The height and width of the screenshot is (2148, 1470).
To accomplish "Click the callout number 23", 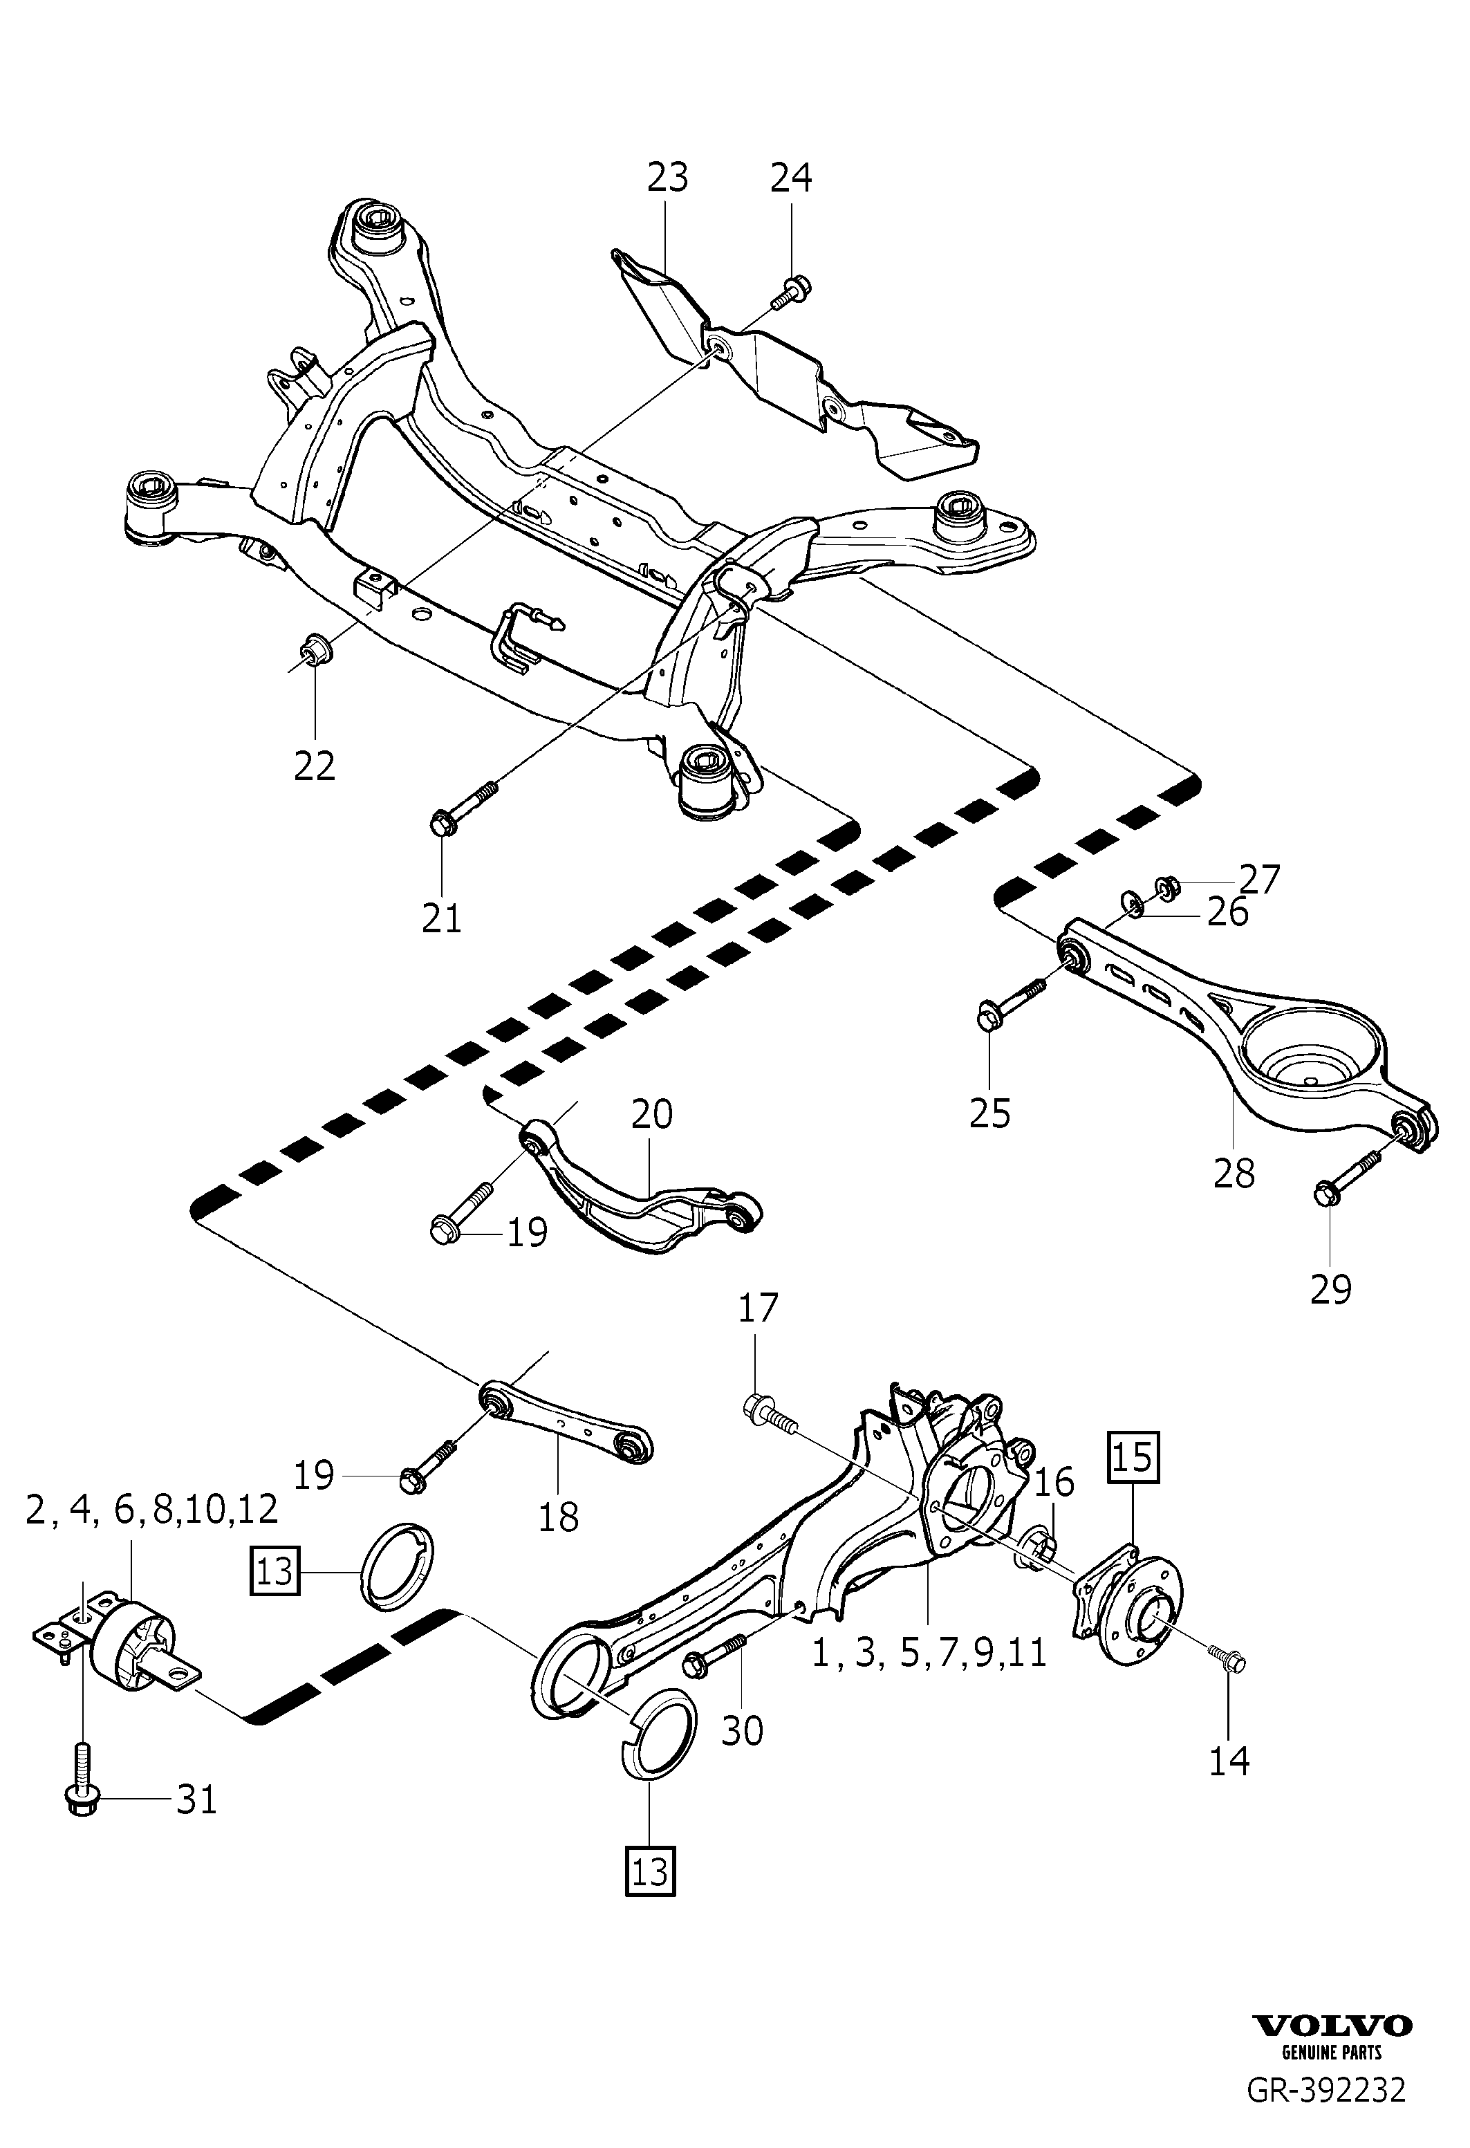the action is coord(667,176).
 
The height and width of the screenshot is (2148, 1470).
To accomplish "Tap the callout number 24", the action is coord(791,176).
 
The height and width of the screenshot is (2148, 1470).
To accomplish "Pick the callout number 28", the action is coord(1234,1173).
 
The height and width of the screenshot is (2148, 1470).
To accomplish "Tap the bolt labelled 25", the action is coord(1011,1003).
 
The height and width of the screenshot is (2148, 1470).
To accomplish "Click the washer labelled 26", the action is coord(1132,902).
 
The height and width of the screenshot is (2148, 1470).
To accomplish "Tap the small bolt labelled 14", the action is coord(1226,1659).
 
